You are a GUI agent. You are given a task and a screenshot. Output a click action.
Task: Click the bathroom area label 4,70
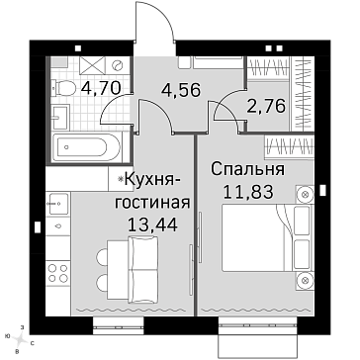point(101,88)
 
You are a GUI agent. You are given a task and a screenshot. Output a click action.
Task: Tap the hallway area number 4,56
point(181,90)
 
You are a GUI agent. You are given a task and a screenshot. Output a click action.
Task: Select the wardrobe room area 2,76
point(265,107)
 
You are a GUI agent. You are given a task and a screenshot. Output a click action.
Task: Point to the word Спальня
point(247,170)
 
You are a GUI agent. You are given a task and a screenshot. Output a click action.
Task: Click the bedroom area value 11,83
point(248,191)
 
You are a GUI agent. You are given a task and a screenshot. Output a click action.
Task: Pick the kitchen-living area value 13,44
point(153,225)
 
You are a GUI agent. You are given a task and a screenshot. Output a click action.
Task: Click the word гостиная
point(152,203)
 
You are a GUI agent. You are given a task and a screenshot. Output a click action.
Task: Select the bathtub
point(87,147)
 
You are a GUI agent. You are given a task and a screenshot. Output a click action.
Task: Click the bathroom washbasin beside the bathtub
point(60,117)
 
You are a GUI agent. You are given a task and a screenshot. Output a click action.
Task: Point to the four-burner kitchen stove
point(58,273)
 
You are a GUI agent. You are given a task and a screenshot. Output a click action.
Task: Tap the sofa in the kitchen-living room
point(142,268)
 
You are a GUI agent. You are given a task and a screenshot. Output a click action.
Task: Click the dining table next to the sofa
point(118,270)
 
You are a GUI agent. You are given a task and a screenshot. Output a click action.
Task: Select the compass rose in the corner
point(21,338)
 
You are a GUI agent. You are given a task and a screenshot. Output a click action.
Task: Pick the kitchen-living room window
point(119,322)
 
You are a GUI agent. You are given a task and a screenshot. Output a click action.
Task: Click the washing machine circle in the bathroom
point(117,65)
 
